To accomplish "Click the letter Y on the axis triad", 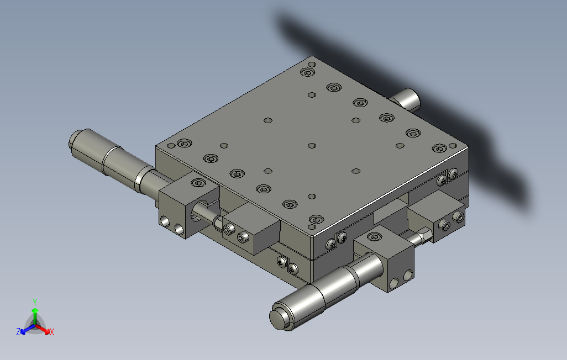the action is pos(35,302).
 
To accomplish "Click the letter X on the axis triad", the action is pos(52,332).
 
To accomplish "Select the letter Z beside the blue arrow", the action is pos(18,331).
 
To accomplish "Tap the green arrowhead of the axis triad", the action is pos(35,310).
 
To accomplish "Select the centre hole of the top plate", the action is pos(312,146).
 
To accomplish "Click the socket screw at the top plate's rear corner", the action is pos(307,72).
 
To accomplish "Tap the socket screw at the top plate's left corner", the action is pos(185,144).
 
